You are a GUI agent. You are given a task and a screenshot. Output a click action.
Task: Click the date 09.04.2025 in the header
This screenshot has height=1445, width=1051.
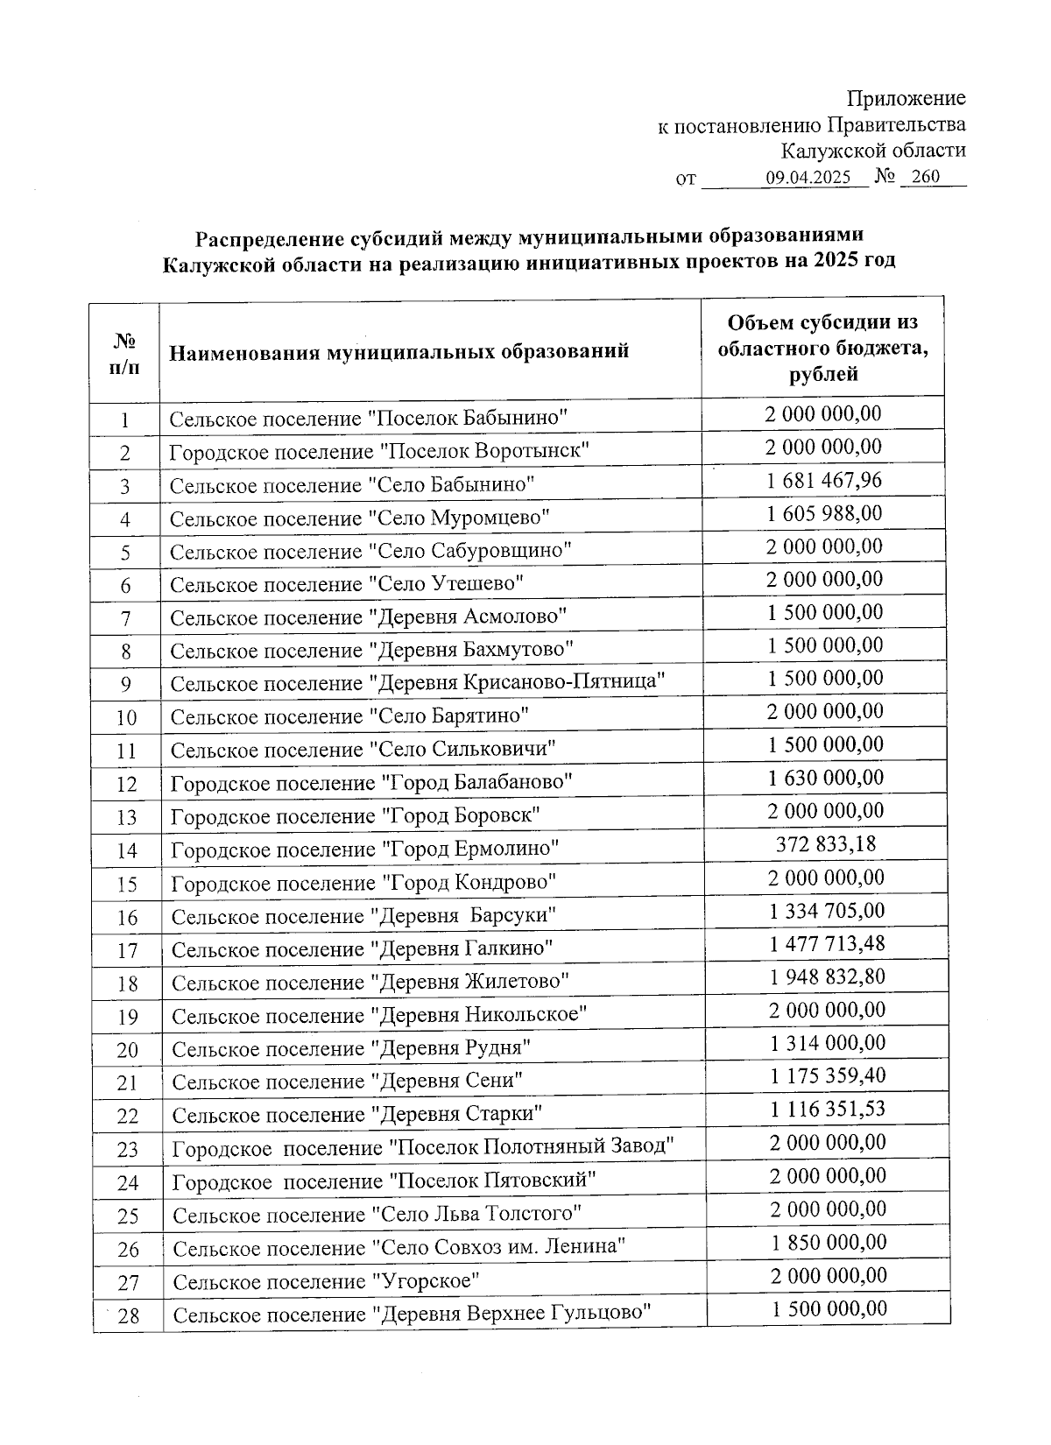[808, 178]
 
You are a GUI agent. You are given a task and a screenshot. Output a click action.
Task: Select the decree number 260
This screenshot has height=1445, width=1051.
[925, 177]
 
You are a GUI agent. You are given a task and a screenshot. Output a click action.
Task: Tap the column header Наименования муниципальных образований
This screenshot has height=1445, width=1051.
[399, 352]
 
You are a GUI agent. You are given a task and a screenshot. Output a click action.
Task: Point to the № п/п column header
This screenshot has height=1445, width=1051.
[124, 352]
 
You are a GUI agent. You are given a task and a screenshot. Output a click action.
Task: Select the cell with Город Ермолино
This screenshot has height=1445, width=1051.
[365, 849]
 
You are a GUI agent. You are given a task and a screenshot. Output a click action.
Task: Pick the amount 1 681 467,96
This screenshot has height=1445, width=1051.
[824, 480]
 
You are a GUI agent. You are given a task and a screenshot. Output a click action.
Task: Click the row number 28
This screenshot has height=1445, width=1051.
[128, 1315]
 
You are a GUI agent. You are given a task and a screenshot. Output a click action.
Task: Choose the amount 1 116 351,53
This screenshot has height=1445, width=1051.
[828, 1110]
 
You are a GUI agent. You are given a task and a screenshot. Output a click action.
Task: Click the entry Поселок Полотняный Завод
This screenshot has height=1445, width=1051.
[423, 1146]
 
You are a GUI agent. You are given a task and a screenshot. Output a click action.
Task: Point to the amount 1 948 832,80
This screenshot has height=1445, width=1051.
[828, 976]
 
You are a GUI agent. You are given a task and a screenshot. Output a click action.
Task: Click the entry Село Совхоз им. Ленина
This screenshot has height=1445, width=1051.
[399, 1247]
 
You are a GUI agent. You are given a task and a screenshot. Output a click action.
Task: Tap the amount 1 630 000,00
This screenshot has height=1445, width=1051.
[826, 778]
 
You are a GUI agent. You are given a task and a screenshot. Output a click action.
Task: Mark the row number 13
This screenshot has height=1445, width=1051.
[127, 817]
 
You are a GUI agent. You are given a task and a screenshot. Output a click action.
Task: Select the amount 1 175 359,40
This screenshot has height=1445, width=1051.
[828, 1076]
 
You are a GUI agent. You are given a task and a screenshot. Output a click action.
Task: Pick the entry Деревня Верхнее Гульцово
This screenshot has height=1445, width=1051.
[413, 1314]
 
